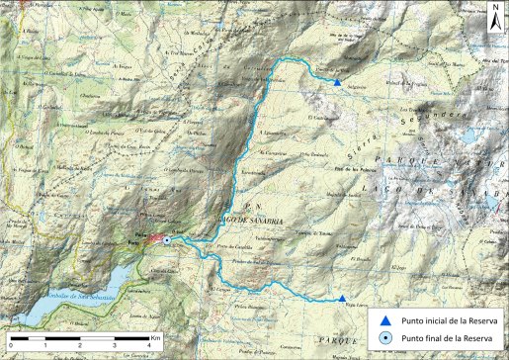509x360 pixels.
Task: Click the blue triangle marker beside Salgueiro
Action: pos(338,83)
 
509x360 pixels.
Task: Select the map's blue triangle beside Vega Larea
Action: pos(342,299)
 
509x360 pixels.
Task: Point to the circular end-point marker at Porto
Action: pos(167,240)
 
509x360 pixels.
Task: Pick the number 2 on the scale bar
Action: pos(80,346)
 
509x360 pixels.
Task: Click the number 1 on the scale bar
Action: pos(45,346)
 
